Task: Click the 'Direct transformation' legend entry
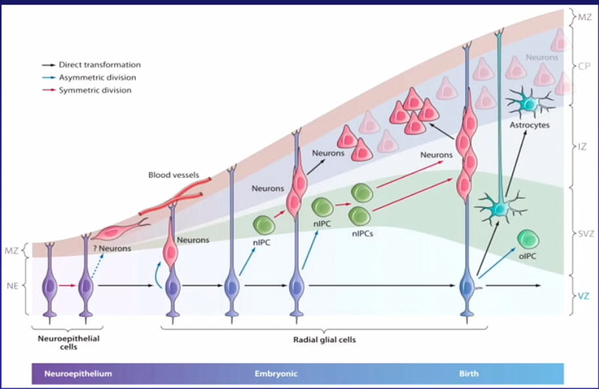(99, 65)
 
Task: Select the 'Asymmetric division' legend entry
(97, 77)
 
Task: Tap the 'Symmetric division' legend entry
(95, 90)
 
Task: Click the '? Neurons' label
(111, 248)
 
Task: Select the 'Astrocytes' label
(529, 124)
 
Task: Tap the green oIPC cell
(528, 239)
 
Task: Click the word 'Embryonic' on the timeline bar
(276, 373)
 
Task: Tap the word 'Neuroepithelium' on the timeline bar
(78, 373)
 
